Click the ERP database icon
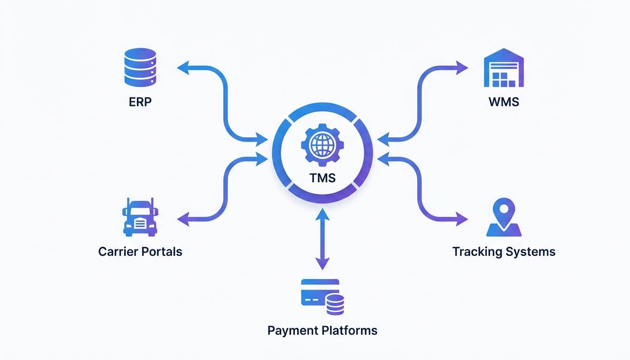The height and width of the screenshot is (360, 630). click(x=140, y=68)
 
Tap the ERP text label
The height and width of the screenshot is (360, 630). click(x=140, y=102)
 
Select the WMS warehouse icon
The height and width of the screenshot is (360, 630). click(x=503, y=68)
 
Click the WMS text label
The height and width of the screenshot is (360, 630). click(x=503, y=102)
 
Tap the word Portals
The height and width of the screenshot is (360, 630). click(x=164, y=252)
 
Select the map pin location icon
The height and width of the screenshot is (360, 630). click(x=504, y=218)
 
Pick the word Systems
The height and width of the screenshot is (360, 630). click(x=532, y=252)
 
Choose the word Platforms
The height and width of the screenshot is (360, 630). click(x=350, y=330)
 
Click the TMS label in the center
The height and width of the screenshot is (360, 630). click(x=322, y=178)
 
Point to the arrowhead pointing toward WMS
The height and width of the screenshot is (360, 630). click(x=463, y=68)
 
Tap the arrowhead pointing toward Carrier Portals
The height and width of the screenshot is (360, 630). click(x=182, y=218)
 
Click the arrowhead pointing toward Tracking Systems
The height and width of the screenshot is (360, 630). click(x=463, y=218)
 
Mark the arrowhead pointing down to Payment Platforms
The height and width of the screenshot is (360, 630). click(x=321, y=265)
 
